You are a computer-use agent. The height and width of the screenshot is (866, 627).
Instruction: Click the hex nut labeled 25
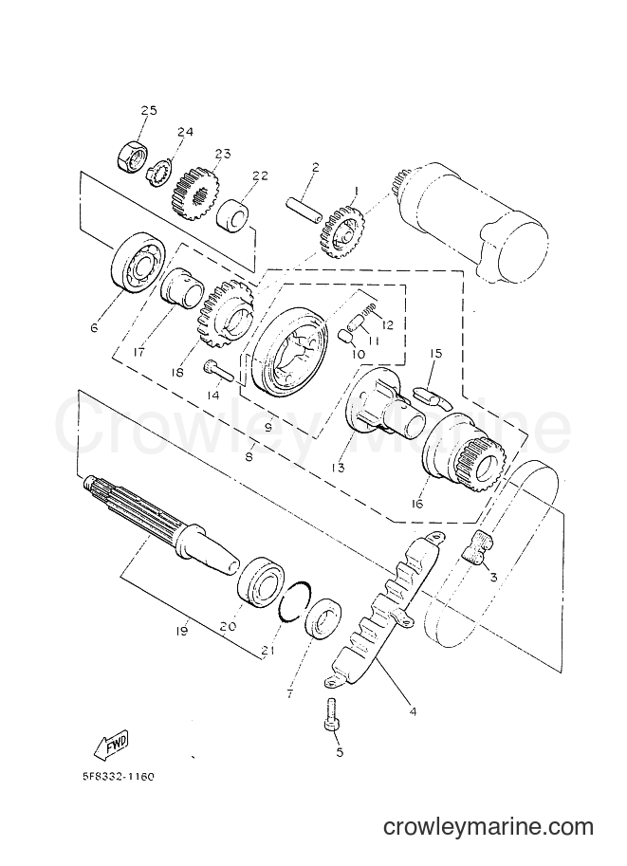(131, 156)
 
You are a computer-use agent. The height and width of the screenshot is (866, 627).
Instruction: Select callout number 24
(185, 132)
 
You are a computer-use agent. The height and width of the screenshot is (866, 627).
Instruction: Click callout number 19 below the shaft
(182, 630)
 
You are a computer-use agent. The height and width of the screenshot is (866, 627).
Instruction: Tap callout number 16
(417, 504)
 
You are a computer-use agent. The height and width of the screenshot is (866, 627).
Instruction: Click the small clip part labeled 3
(478, 545)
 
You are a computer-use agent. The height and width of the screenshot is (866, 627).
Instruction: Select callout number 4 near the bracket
(412, 712)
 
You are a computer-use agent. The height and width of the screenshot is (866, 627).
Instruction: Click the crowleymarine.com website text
(489, 841)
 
